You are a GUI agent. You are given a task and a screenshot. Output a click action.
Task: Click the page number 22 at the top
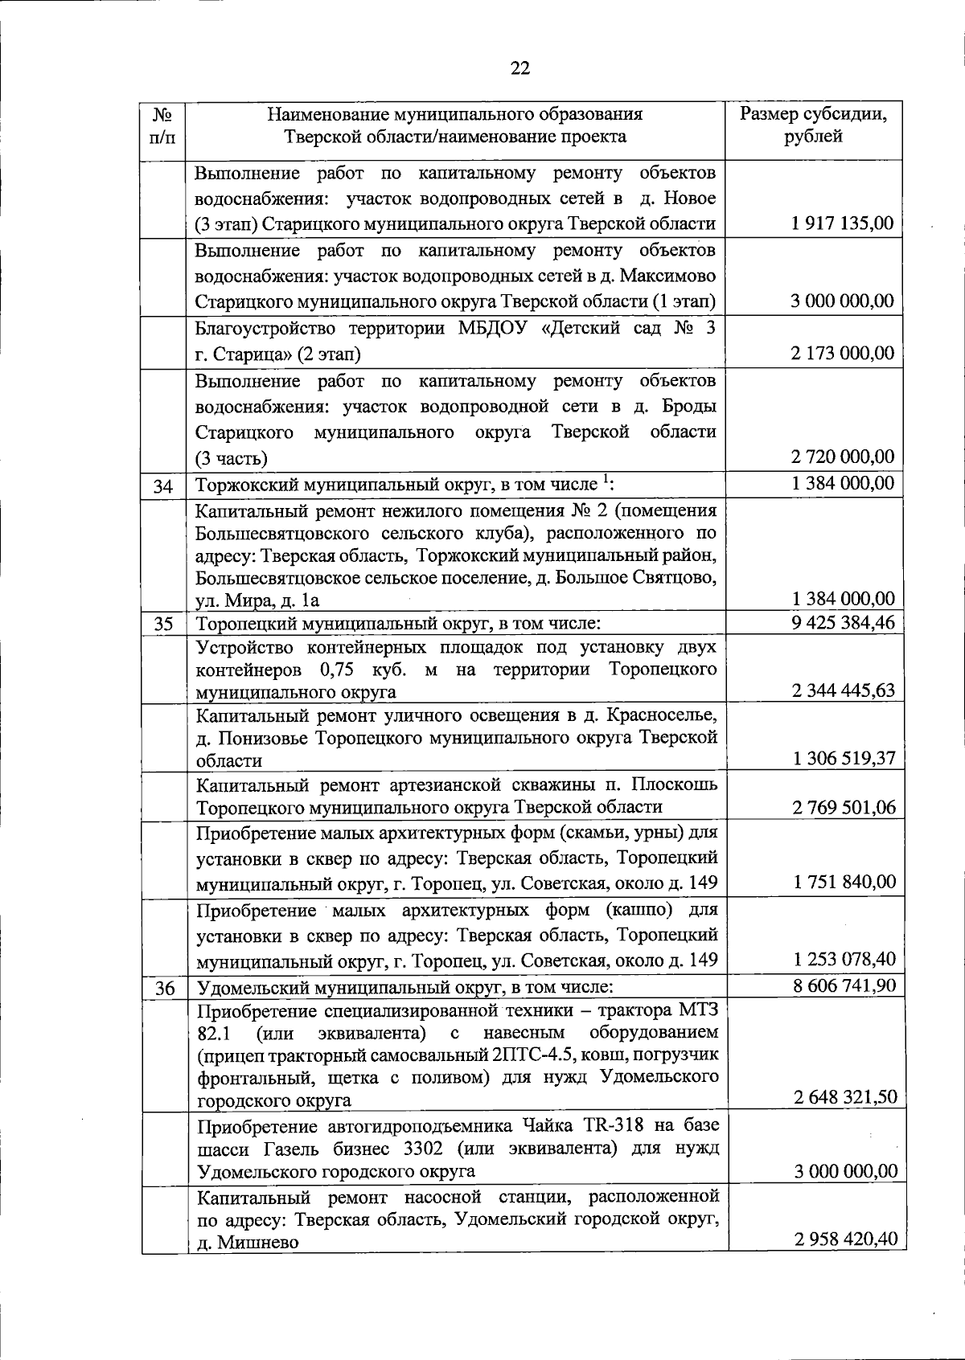pos(520,68)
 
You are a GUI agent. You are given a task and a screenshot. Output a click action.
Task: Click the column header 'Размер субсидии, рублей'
pos(814,125)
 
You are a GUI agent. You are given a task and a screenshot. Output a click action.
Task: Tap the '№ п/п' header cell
pos(163,125)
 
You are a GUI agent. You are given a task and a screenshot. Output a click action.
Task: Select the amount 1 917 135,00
pos(842,223)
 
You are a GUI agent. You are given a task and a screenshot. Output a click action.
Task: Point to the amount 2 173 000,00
pos(842,353)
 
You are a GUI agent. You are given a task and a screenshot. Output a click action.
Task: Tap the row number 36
pos(164,988)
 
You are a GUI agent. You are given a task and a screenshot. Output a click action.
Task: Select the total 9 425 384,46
pos(843,622)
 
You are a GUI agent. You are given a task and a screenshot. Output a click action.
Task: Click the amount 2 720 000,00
pos(842,457)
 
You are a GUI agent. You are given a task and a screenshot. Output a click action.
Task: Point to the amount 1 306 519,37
pos(844,758)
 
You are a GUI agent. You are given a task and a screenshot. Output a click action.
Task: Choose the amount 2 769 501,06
pos(844,807)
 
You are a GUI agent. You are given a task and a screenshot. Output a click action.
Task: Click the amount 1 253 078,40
pos(844,959)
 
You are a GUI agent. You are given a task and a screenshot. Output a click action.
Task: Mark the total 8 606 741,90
pos(844,985)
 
